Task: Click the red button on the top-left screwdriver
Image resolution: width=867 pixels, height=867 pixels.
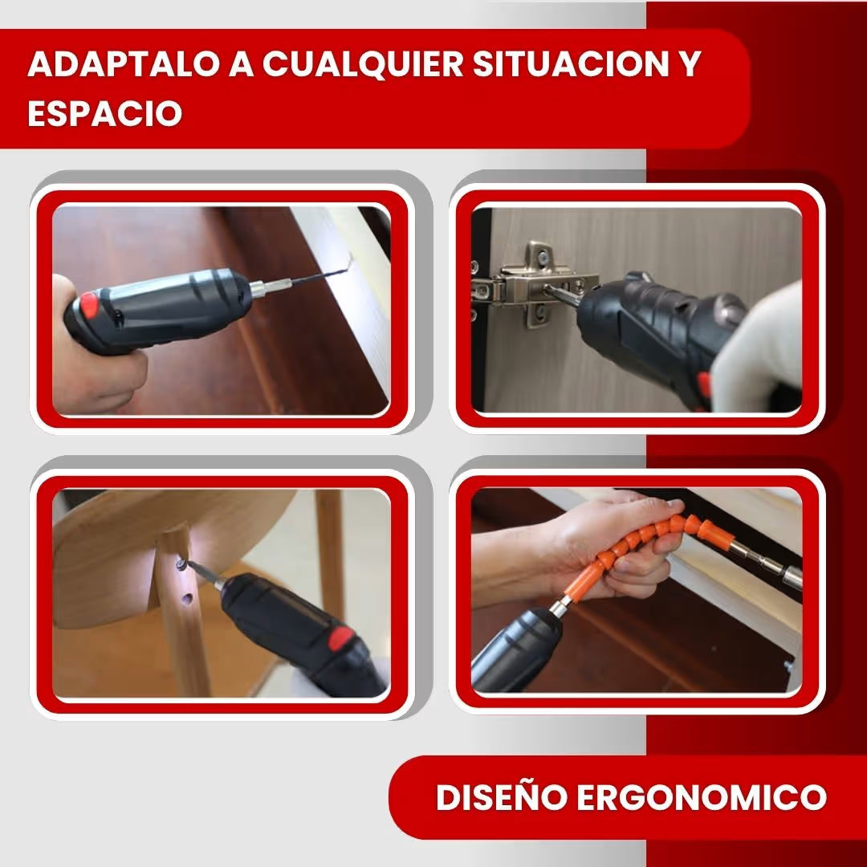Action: tap(89, 305)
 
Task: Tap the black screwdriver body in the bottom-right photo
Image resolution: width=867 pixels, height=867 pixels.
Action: tap(514, 650)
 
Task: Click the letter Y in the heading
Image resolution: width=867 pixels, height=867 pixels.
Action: tap(690, 65)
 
